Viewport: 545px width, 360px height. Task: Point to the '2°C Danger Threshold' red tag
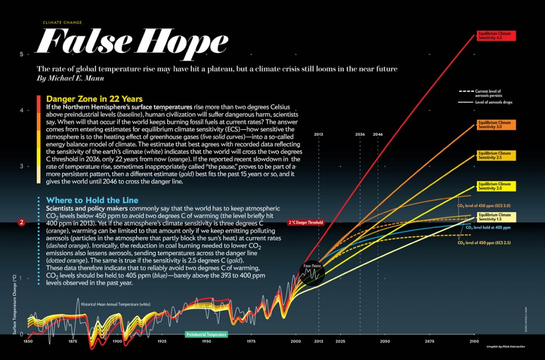305,222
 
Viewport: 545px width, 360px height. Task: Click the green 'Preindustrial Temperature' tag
207,334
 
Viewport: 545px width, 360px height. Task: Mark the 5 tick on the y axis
21,54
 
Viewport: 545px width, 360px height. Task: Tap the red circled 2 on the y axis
21,222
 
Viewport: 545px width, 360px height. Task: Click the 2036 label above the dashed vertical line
360,134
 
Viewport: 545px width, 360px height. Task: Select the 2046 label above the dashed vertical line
378,134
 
